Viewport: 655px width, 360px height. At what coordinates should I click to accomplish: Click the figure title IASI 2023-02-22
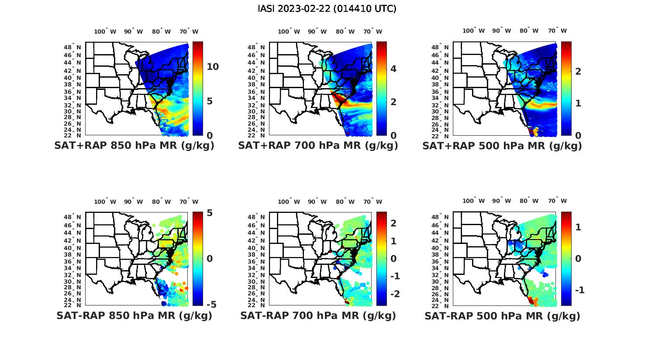pos(327,9)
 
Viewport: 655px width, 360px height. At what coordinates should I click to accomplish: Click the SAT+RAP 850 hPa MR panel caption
pos(134,146)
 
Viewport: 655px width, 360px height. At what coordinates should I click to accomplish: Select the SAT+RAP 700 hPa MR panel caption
pos(318,146)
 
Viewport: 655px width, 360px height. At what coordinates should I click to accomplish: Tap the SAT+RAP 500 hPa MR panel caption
pos(502,146)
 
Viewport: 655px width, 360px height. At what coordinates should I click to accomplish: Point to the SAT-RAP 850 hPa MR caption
pos(134,315)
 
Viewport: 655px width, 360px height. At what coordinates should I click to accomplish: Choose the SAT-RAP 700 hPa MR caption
pos(318,315)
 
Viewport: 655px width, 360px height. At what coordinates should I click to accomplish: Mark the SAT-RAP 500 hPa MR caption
pos(502,316)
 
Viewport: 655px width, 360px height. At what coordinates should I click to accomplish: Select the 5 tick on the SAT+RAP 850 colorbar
pos(209,101)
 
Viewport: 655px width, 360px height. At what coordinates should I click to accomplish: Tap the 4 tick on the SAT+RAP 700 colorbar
pos(393,69)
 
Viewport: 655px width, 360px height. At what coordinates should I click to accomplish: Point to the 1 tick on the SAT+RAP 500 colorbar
pos(578,103)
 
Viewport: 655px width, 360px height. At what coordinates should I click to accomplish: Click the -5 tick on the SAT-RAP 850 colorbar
pos(211,305)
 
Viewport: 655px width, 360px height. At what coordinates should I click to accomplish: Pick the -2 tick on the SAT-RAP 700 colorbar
pos(394,294)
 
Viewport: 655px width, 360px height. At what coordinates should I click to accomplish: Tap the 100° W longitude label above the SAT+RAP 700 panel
pos(289,31)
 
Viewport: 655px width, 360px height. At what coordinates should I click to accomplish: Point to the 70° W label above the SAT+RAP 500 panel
pos(558,31)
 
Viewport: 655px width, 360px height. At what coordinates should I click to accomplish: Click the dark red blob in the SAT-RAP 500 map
pos(531,300)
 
